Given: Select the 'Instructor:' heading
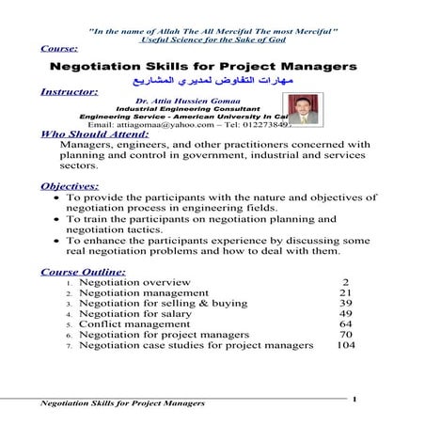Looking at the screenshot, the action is [x=71, y=93].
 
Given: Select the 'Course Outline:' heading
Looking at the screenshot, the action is [x=84, y=272].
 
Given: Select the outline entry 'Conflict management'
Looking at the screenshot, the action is [x=136, y=325].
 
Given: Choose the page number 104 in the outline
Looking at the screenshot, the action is [x=345, y=346].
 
